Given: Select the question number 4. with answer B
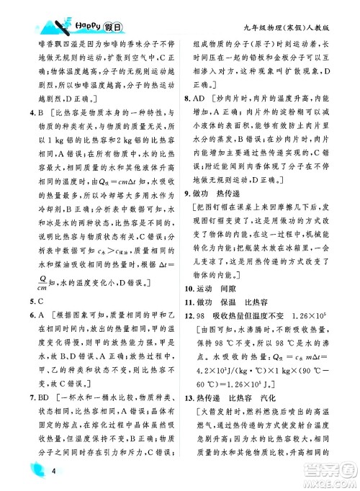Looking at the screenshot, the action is (24, 112).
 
